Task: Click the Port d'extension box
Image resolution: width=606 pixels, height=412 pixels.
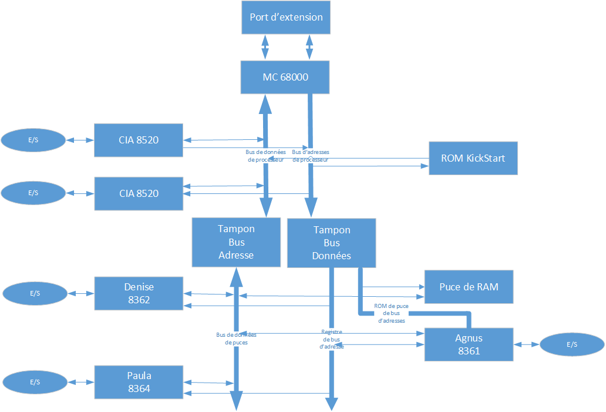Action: [286, 17]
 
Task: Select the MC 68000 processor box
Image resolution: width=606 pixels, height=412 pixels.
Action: [286, 77]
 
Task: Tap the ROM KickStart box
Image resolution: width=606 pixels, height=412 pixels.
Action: [473, 158]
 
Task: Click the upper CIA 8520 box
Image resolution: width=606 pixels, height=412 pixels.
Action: [139, 140]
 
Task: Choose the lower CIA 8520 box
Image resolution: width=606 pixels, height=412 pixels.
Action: [139, 193]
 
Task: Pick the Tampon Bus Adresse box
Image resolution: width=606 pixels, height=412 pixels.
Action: [236, 242]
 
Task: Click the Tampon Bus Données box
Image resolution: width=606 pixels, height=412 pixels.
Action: [332, 243]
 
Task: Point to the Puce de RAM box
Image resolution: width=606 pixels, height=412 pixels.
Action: [469, 287]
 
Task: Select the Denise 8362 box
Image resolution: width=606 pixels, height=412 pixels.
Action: [139, 293]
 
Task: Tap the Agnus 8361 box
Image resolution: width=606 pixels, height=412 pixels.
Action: [468, 345]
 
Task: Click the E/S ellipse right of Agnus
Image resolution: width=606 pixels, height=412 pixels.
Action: [572, 345]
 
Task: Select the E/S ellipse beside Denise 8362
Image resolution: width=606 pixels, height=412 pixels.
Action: [35, 293]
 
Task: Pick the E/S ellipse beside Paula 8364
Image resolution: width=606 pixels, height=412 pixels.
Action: [35, 381]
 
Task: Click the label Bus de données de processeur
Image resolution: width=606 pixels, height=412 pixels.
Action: [265, 155]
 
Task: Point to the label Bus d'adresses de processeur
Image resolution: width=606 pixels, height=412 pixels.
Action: [310, 155]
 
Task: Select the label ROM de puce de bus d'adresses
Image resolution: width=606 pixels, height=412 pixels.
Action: [390, 314]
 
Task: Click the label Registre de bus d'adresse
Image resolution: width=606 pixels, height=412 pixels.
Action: [332, 339]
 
